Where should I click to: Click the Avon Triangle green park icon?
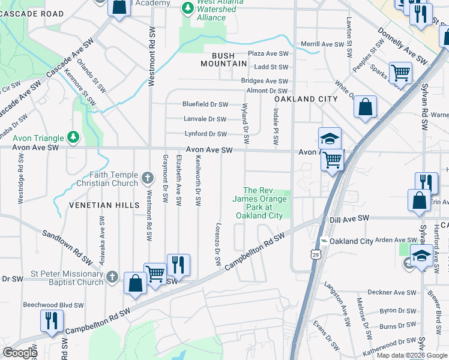pos(73,137)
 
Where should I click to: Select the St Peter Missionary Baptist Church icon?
pos(112,277)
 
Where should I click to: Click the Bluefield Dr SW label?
pos(205,104)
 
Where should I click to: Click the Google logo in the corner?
pos(20,353)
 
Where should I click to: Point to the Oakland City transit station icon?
pos(325,241)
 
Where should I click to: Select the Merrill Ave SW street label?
pos(326,44)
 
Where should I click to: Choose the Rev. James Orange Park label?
pos(259,203)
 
